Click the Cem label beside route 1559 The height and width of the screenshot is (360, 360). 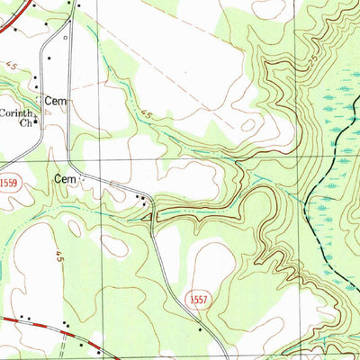pos(65,179)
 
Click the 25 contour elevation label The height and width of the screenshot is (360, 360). pos(309,58)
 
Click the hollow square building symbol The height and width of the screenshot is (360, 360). pos(65,40)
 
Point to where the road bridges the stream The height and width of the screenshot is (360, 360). pos(154,212)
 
